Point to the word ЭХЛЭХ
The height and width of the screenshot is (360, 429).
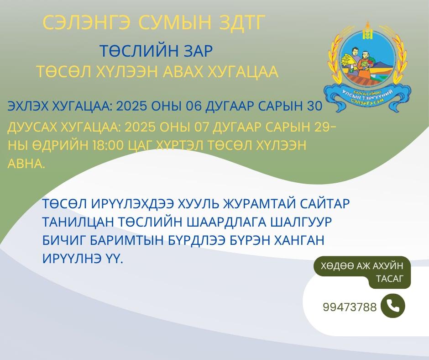click(28, 106)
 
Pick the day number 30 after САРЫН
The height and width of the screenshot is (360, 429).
click(314, 106)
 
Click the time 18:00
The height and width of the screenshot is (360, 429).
click(108, 145)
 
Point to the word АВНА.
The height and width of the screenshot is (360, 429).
click(26, 164)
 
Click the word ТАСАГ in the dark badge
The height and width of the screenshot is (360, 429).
click(390, 279)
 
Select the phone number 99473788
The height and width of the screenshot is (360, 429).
click(350, 307)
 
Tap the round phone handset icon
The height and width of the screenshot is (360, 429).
click(392, 306)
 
